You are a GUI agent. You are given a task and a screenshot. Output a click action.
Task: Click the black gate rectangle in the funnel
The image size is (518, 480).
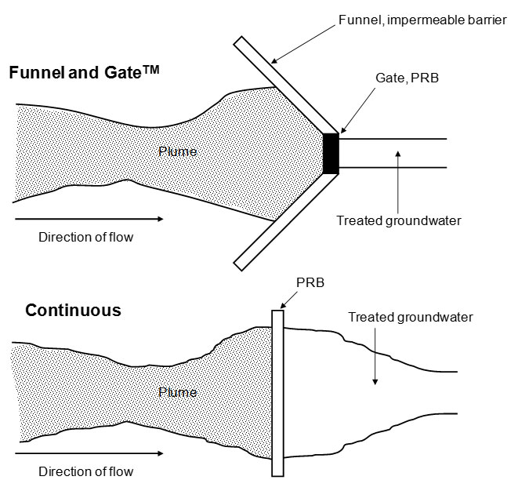pos(329,154)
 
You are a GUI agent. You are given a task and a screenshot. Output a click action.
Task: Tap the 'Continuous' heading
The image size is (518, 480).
pos(73,310)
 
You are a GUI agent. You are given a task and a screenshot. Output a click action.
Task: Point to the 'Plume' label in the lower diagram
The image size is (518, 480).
pos(178,391)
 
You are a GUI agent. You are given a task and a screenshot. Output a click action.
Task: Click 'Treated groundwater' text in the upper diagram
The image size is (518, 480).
pos(398,220)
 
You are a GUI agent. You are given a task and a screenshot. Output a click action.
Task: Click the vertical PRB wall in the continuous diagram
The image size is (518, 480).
pos(277,392)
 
